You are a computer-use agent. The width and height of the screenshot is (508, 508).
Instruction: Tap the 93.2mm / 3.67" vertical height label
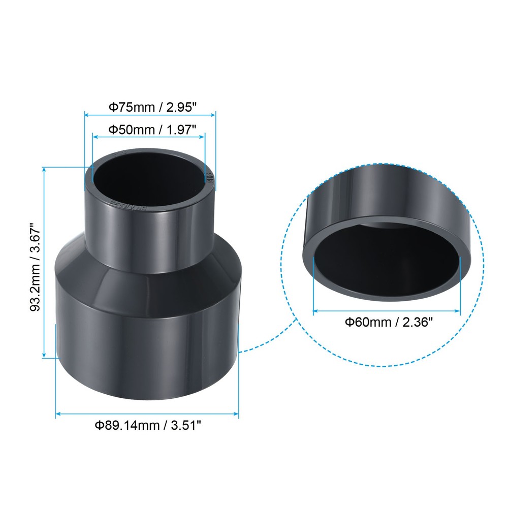[35, 262]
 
